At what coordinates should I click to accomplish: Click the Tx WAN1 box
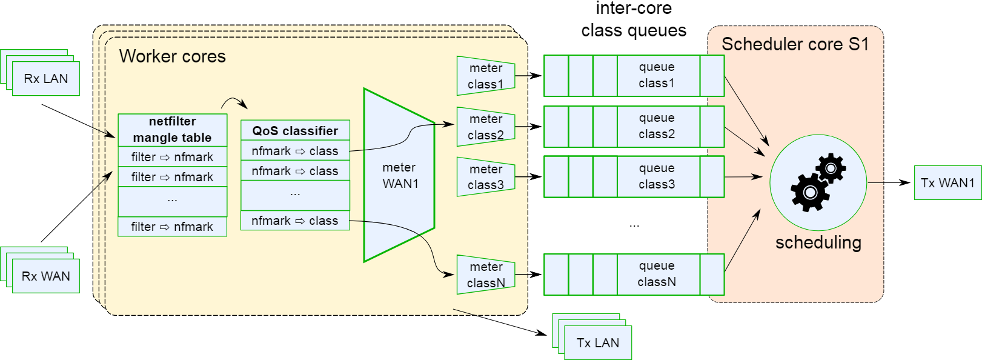[947, 182]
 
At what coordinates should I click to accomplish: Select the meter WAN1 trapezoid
[399, 175]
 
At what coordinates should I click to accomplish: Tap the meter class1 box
[486, 76]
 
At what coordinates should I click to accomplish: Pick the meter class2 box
[486, 127]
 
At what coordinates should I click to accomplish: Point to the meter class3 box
[486, 177]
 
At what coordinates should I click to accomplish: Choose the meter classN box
[486, 275]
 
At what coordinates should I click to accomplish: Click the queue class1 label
[657, 75]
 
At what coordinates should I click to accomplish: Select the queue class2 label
[657, 126]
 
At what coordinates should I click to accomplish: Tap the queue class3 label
[657, 176]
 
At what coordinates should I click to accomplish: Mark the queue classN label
[657, 274]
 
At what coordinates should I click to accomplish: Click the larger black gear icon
[810, 192]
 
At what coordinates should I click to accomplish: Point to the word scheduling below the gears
[818, 242]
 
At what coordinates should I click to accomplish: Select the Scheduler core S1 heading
[795, 44]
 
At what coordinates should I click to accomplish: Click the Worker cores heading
[172, 56]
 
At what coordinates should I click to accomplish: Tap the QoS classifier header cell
[295, 130]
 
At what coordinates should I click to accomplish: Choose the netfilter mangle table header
[172, 130]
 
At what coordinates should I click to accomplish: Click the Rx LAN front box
[46, 79]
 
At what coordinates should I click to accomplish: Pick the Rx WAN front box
[46, 276]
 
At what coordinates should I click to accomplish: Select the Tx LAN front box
[598, 343]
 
